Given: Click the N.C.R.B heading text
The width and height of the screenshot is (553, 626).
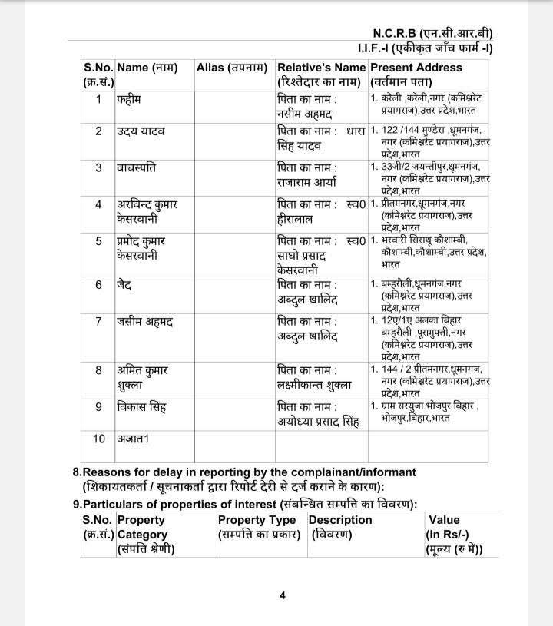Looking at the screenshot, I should [x=432, y=33].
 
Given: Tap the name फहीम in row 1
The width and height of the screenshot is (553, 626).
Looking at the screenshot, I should [x=130, y=100].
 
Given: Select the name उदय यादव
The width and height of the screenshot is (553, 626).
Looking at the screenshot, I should [x=141, y=131].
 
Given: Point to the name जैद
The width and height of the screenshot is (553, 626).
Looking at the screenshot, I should [x=126, y=284].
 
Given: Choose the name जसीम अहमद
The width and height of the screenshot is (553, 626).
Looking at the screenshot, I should [x=145, y=320].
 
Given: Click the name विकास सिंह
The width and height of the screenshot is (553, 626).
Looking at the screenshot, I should [x=142, y=406].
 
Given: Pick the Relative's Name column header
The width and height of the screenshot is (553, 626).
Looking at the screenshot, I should [x=320, y=68].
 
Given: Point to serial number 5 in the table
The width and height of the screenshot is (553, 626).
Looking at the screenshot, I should [x=98, y=241].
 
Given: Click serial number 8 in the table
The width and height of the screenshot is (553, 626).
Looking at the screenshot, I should [x=98, y=370].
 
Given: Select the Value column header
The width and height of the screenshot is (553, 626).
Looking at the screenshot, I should [x=444, y=520].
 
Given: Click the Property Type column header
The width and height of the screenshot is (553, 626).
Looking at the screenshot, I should [x=257, y=520].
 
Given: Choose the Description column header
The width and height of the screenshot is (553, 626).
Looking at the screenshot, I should [x=340, y=520].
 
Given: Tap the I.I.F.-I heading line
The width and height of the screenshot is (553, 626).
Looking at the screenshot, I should [x=431, y=49].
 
